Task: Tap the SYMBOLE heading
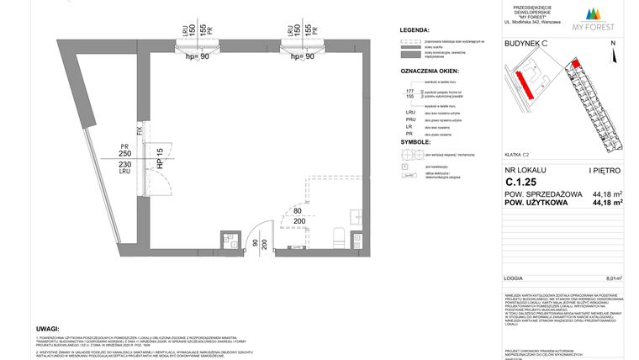pyautogui.click(x=415, y=142)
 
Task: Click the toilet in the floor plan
pyautogui.click(x=337, y=236)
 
